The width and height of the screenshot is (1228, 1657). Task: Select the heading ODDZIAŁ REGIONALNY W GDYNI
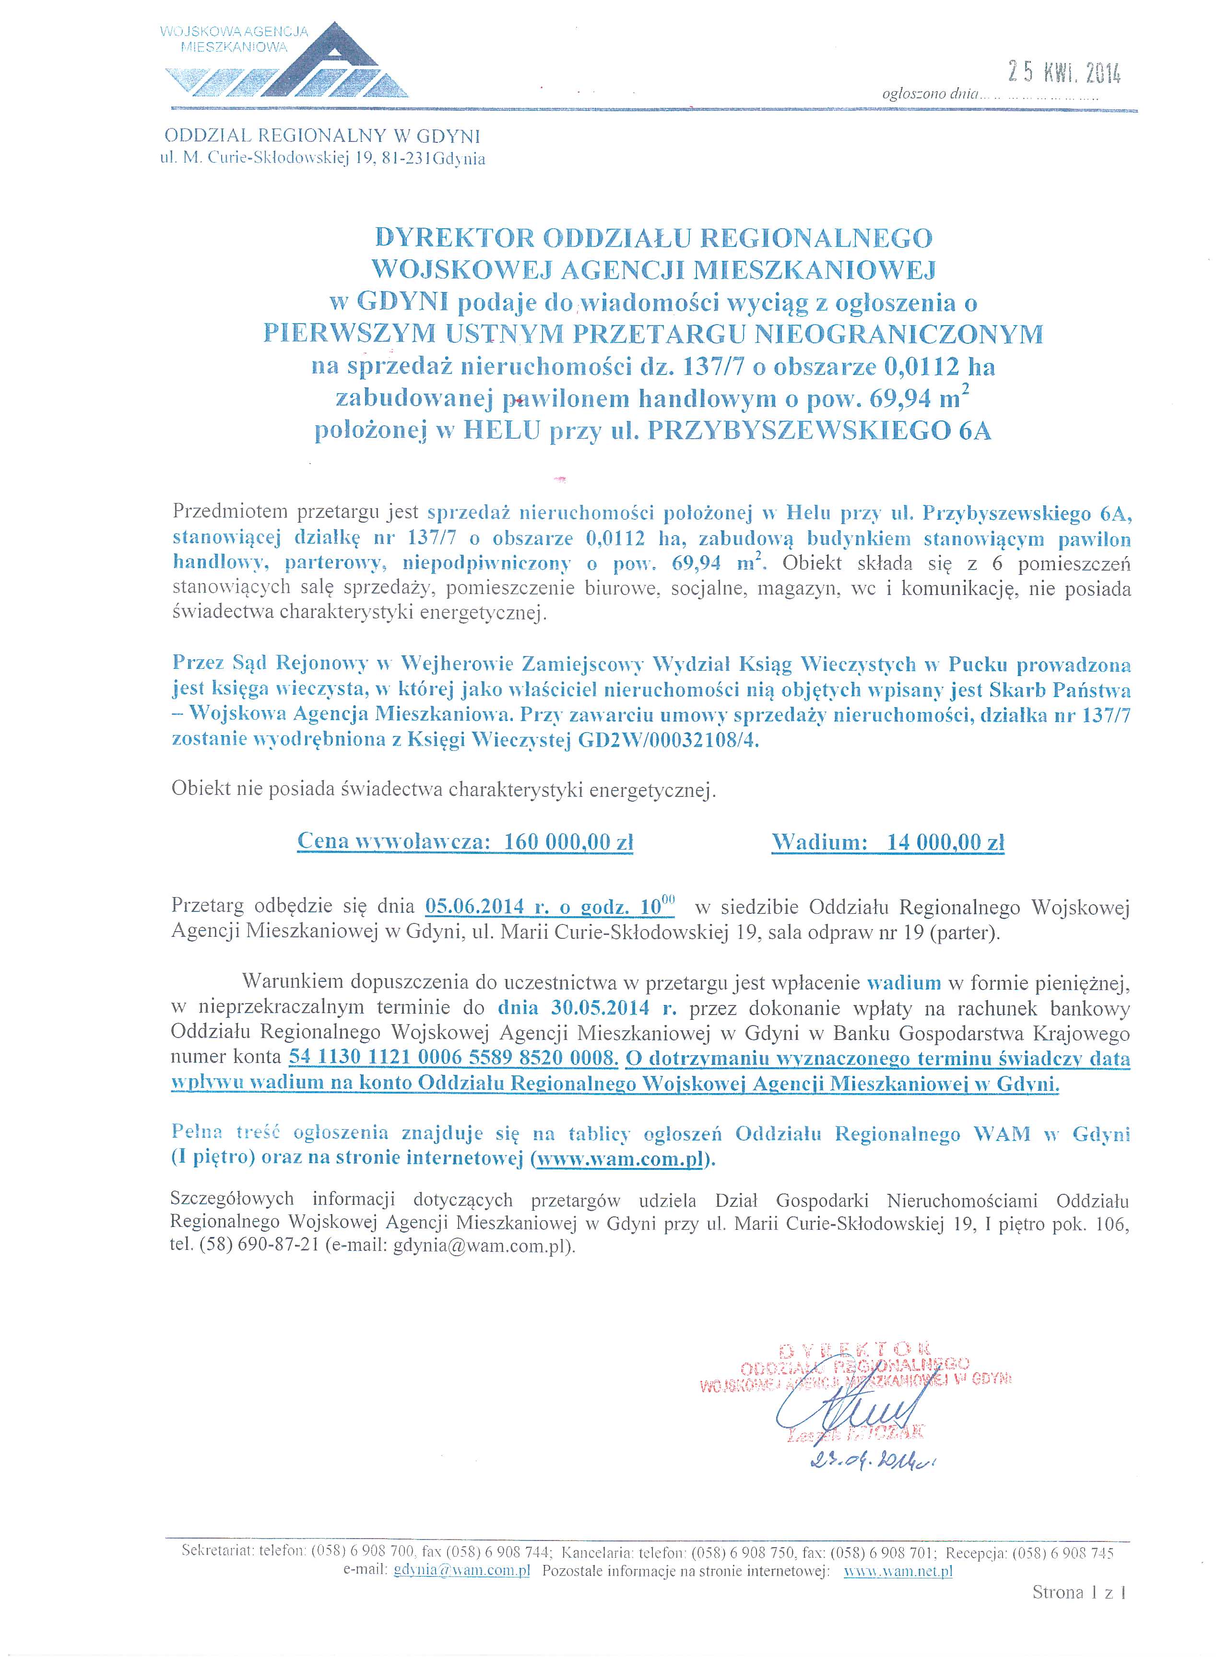pyautogui.click(x=322, y=136)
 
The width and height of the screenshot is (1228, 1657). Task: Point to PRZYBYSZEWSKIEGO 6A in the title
pyautogui.click(x=820, y=432)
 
